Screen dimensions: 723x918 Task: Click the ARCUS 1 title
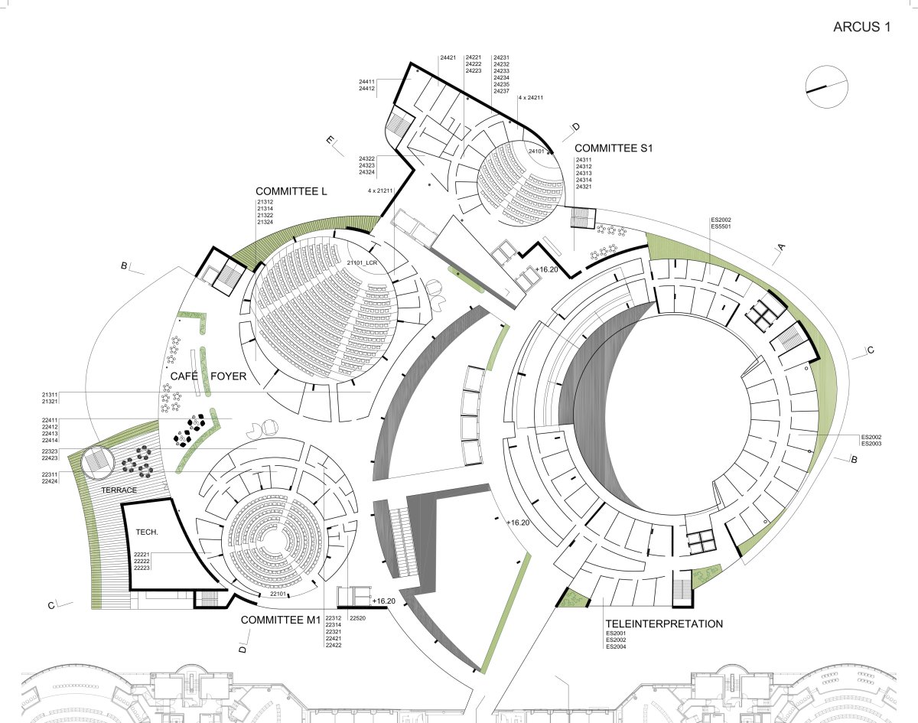coord(862,27)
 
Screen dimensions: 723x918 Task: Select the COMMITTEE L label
coord(291,191)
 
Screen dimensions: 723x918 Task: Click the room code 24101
coord(535,151)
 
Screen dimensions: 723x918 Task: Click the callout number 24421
coord(448,57)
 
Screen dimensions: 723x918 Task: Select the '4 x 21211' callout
coord(379,190)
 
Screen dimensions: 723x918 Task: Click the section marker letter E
coord(330,140)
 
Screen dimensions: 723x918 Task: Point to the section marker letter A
coord(781,247)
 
